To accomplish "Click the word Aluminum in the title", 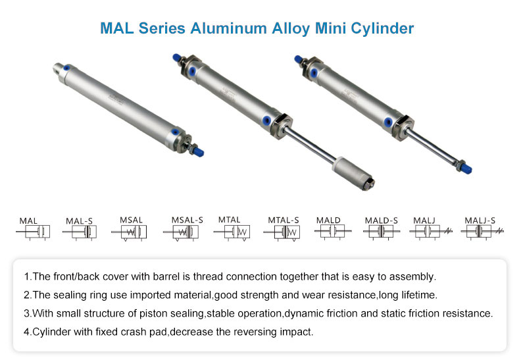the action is point(229,28).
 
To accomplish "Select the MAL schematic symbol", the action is point(33,232).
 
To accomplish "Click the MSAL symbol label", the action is point(131,220).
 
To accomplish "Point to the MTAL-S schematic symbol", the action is point(282,232).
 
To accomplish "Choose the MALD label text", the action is point(328,220).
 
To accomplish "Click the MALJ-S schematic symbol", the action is point(482,232).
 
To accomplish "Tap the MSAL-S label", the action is point(187,220).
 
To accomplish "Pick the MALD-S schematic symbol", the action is point(382,232).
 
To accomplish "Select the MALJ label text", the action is point(424,220).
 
